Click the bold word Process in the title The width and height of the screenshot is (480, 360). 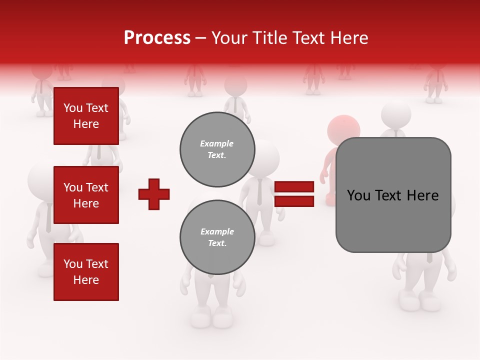(x=157, y=38)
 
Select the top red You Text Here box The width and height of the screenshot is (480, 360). (x=86, y=116)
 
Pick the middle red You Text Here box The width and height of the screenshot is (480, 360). (x=86, y=195)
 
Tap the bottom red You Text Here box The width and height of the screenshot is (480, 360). (x=86, y=272)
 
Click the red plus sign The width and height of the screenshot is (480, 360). (x=154, y=194)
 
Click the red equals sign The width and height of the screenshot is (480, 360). (x=294, y=194)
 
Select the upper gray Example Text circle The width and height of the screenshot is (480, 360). (x=217, y=149)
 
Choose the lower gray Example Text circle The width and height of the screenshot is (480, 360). (x=217, y=237)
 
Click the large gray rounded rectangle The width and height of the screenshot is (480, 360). (x=393, y=195)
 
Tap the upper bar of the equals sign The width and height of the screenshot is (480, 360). (x=294, y=187)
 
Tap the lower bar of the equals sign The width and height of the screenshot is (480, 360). (x=294, y=201)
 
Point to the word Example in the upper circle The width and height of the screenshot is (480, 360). (x=217, y=144)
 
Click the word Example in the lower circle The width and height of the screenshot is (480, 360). (x=217, y=232)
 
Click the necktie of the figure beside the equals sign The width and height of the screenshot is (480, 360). (x=259, y=192)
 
